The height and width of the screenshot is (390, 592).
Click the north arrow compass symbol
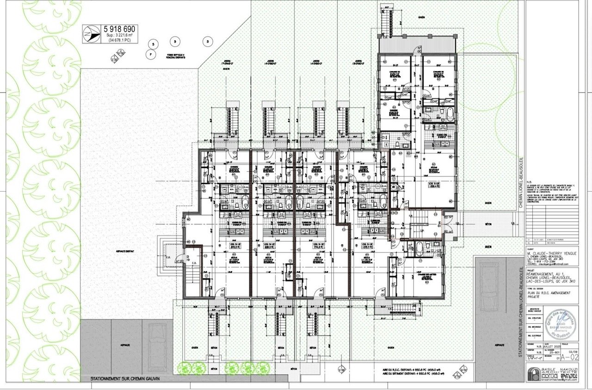88,33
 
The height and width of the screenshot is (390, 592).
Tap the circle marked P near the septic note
150,53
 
